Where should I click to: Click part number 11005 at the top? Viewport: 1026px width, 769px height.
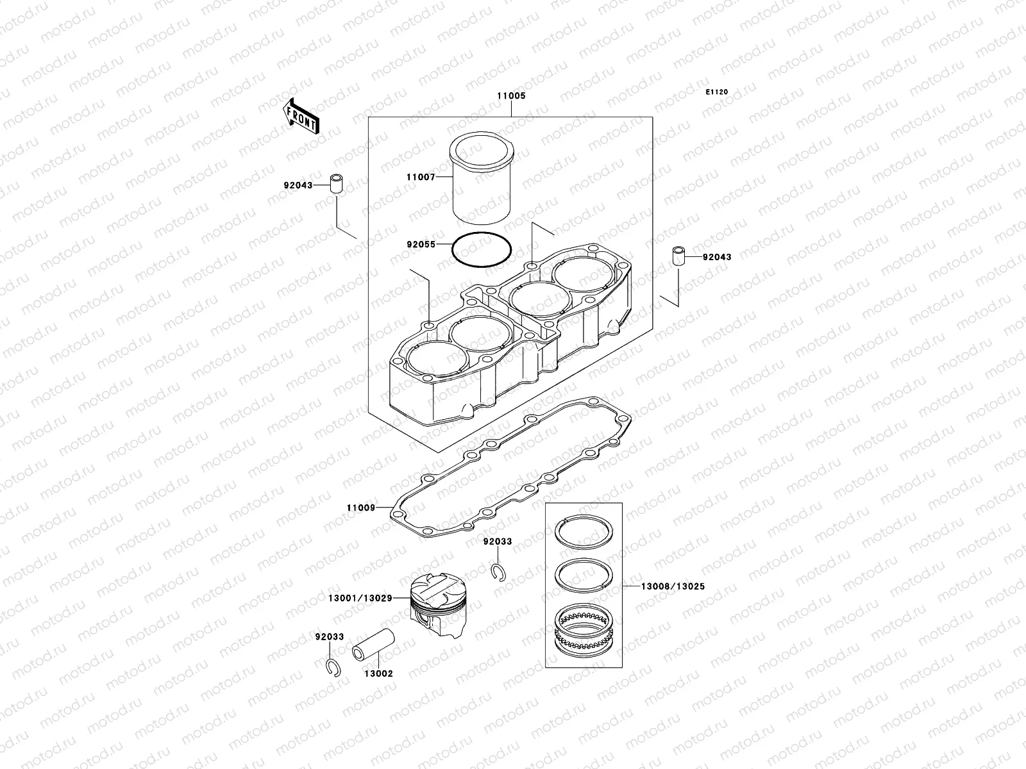pyautogui.click(x=511, y=96)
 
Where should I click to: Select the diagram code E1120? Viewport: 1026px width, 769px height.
pyautogui.click(x=717, y=92)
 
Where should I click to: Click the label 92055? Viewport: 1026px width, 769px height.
pyautogui.click(x=421, y=244)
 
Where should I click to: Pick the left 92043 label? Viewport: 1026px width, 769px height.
pyautogui.click(x=298, y=185)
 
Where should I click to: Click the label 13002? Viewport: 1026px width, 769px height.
pyautogui.click(x=378, y=674)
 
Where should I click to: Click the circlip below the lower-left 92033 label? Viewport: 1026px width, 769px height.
pyautogui.click(x=333, y=668)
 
